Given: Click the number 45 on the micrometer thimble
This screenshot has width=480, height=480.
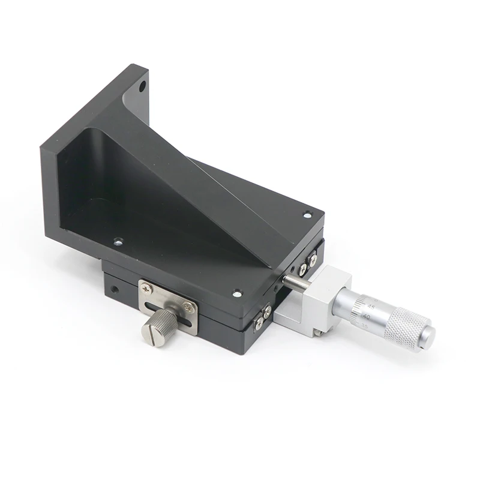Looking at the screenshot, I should point(371,307).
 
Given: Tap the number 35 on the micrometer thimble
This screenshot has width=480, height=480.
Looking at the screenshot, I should point(364,326).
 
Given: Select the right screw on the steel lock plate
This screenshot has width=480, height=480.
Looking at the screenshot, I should point(189,307).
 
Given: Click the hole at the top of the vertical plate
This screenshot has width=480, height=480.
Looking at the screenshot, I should point(142,86).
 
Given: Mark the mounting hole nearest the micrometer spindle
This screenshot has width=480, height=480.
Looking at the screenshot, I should point(237,293).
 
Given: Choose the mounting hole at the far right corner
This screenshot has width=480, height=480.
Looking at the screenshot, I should point(307,214).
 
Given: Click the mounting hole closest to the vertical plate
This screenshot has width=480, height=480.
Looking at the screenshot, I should point(118,242).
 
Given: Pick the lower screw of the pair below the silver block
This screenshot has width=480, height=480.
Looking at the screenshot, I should point(259,324).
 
